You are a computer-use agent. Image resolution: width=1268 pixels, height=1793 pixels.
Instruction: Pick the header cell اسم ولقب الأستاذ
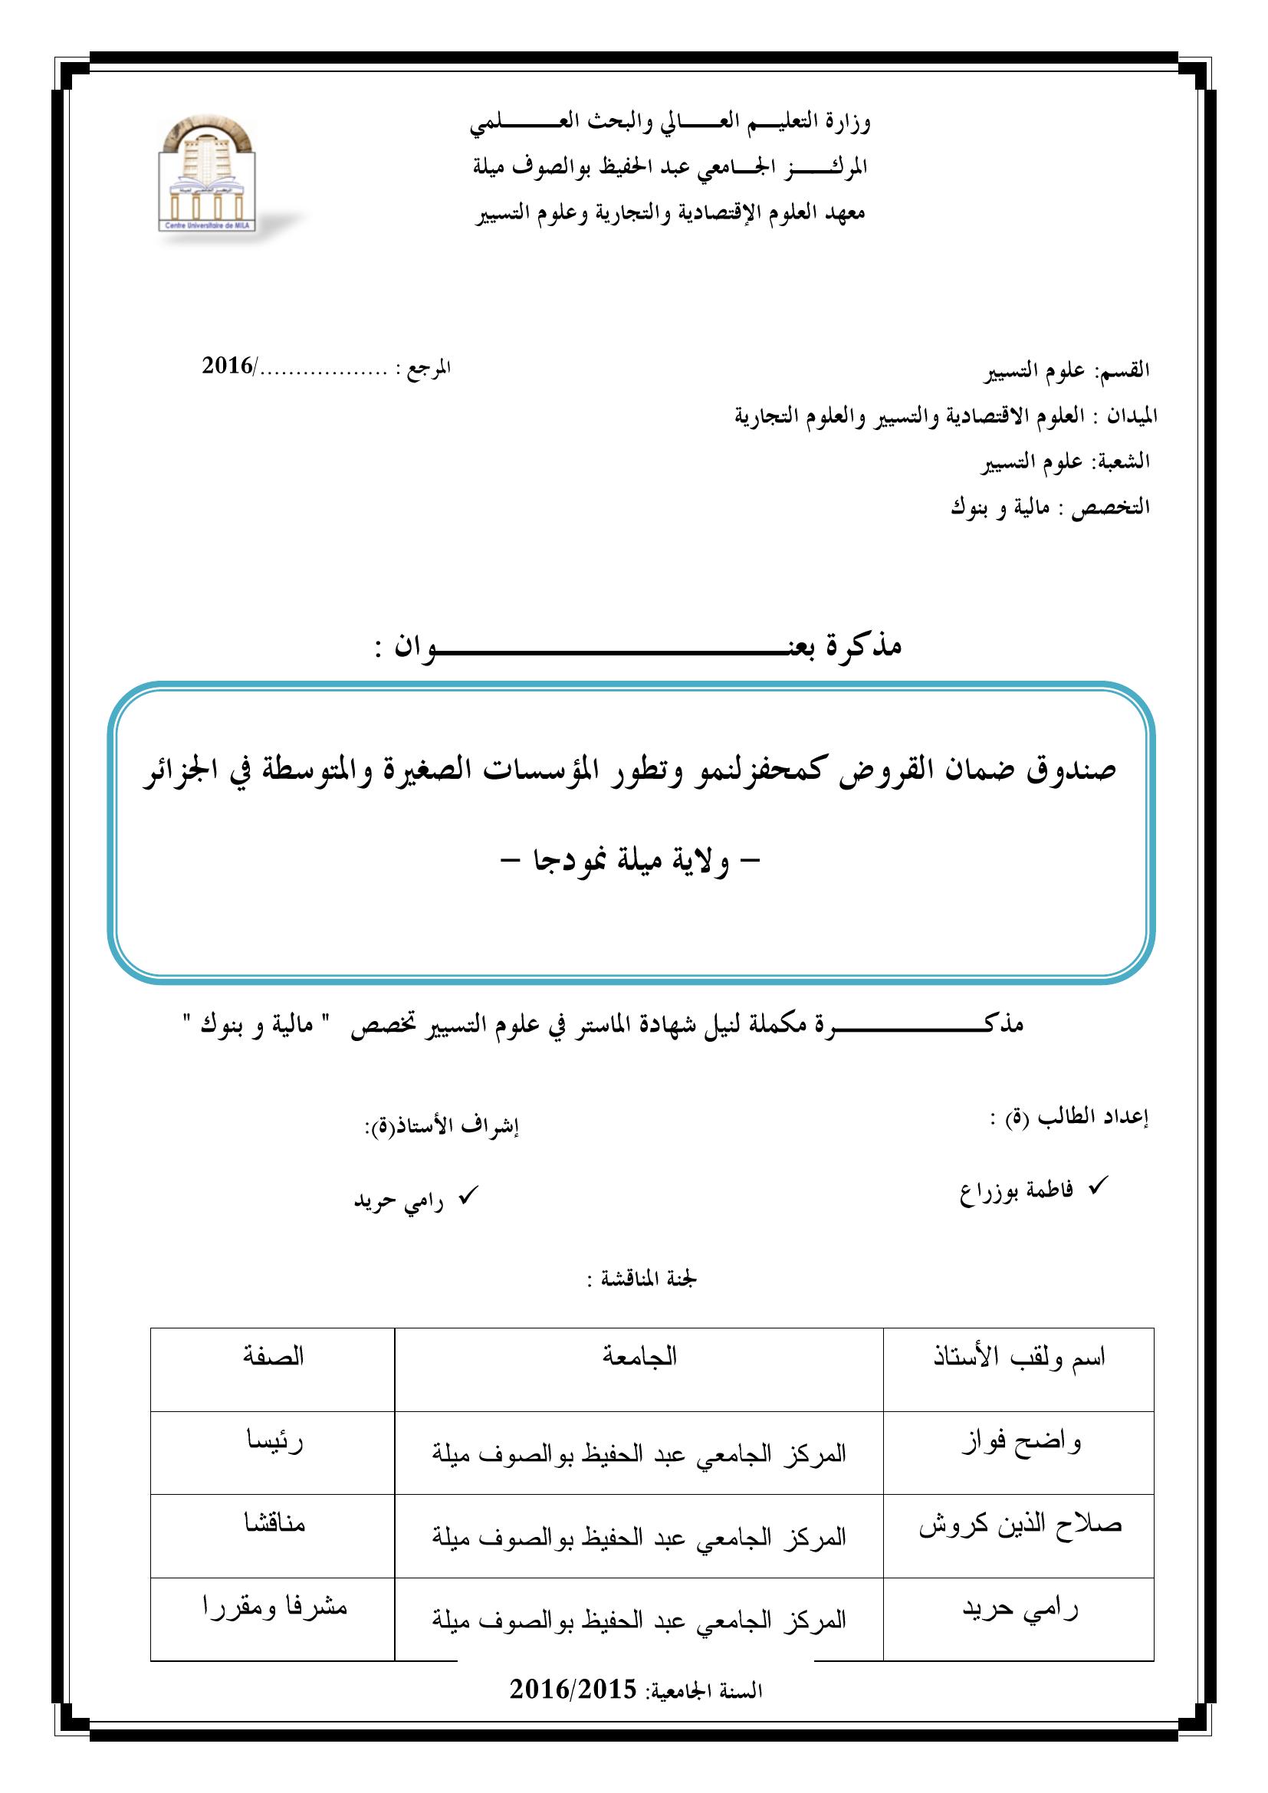tap(1020, 1358)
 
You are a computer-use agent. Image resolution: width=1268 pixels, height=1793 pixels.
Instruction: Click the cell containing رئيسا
tap(273, 1440)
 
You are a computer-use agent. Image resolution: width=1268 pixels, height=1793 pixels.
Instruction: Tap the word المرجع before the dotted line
tap(429, 367)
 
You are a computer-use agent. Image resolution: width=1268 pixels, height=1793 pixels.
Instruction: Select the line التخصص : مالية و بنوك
tap(1050, 507)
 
